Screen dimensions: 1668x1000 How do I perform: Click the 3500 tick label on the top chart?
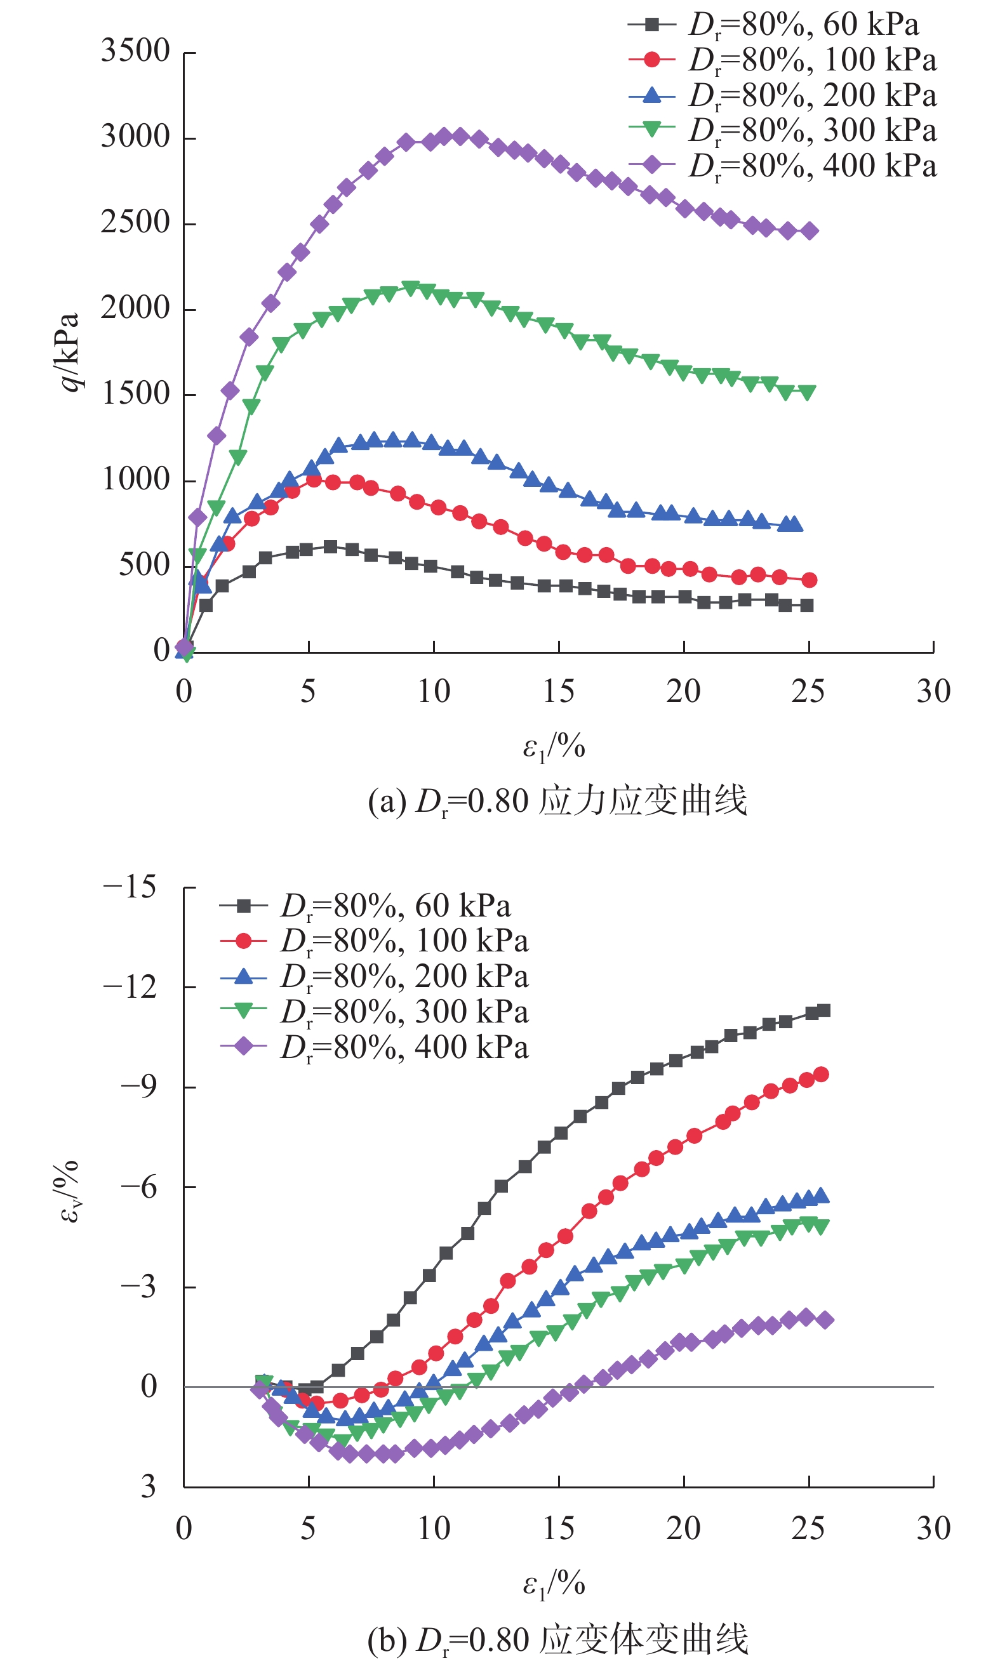[135, 51]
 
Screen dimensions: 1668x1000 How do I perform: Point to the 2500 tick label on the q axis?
[135, 223]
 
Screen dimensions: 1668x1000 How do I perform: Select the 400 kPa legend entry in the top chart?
[782, 166]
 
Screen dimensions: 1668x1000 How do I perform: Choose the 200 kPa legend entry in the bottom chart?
[374, 977]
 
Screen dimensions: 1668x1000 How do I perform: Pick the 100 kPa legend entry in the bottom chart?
[374, 941]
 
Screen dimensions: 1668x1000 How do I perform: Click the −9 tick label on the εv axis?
[139, 1087]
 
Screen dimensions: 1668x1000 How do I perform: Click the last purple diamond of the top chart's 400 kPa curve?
[810, 231]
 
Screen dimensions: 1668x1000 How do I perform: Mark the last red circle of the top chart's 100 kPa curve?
[810, 580]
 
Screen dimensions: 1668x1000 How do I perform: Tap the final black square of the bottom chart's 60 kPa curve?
[823, 1010]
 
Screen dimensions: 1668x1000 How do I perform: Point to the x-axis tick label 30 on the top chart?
[933, 692]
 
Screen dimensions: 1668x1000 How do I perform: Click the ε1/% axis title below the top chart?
[554, 747]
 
